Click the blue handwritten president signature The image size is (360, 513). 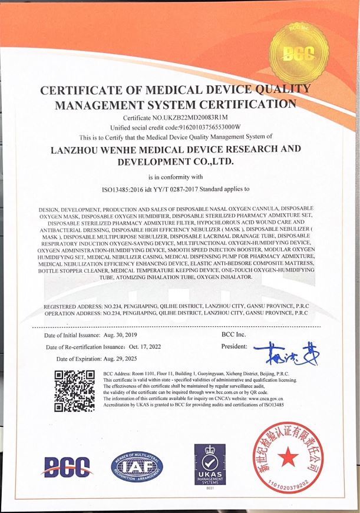pos(283,352)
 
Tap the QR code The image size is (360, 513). pos(74,390)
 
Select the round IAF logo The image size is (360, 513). pos(136,467)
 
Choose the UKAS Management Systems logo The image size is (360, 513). pos(210,463)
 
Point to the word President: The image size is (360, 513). pos(234,347)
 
